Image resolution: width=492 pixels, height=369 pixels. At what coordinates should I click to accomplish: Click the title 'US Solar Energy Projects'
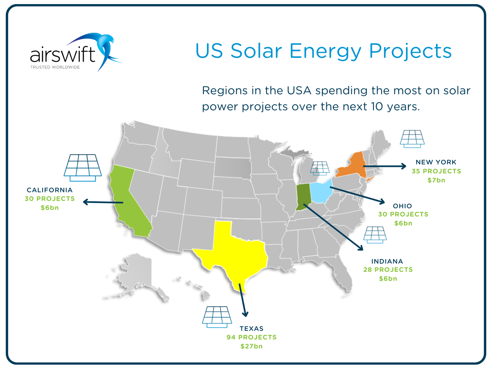(x=323, y=51)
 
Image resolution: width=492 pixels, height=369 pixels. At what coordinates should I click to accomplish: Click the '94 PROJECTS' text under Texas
(x=251, y=337)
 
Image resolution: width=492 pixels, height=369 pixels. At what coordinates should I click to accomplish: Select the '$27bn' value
(x=251, y=346)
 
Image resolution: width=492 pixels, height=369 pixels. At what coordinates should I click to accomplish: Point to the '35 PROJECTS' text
(x=436, y=171)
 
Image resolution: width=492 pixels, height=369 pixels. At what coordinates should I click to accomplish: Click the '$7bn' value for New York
(x=436, y=180)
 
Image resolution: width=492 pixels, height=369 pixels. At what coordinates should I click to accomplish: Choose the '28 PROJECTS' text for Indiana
(x=387, y=270)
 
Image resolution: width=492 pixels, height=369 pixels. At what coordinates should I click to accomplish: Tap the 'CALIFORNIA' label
(x=50, y=190)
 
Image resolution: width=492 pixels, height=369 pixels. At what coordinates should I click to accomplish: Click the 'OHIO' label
(x=402, y=206)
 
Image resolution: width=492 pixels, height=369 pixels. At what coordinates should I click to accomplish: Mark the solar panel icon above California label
(x=82, y=167)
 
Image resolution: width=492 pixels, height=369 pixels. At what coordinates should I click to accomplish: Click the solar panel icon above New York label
(x=412, y=139)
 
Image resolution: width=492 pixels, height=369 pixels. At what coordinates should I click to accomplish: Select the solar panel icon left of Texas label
(x=216, y=317)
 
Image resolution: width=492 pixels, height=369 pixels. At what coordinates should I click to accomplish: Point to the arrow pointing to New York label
(x=383, y=166)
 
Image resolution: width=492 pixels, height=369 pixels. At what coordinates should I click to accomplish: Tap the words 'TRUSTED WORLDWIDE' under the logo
(x=55, y=66)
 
